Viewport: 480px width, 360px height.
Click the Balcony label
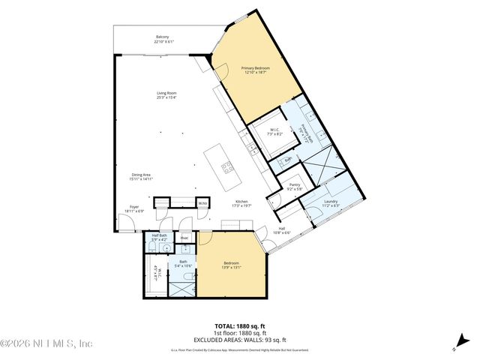(x=162, y=39)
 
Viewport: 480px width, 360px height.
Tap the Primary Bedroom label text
(x=255, y=70)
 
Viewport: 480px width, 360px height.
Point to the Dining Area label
(x=140, y=177)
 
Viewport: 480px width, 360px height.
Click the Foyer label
(x=133, y=208)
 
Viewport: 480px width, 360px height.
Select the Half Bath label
(x=158, y=238)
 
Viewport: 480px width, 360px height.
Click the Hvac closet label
(x=184, y=238)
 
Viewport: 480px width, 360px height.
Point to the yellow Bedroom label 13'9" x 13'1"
(x=231, y=265)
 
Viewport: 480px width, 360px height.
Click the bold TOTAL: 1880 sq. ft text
(x=239, y=326)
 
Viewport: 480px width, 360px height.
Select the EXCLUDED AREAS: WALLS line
(x=239, y=340)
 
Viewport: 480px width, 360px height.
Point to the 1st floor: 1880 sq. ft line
(x=239, y=333)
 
